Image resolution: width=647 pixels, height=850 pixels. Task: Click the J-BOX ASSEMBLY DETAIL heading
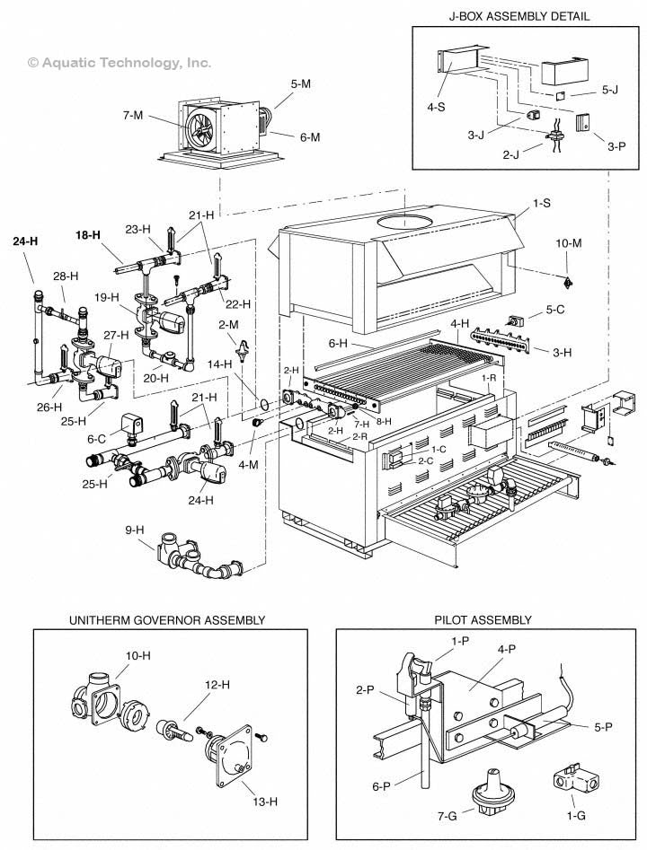[513, 16]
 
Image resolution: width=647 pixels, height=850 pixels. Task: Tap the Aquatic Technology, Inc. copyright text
[120, 62]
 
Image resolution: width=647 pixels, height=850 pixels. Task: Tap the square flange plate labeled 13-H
[230, 751]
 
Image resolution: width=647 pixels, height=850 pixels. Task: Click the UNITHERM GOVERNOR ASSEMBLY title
[166, 620]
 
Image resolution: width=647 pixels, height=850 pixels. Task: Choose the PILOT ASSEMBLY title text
[483, 620]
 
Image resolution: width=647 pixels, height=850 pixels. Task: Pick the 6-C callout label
[97, 439]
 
